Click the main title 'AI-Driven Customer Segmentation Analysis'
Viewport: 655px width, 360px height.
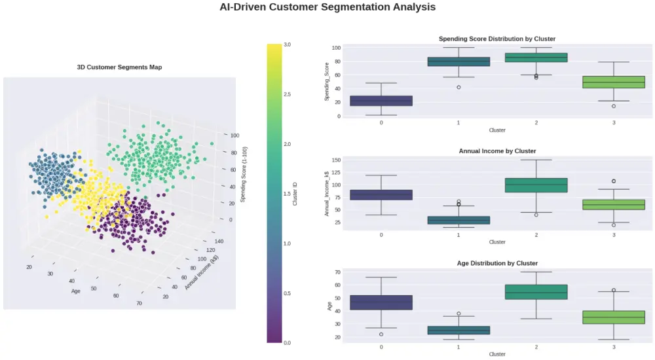[327, 7]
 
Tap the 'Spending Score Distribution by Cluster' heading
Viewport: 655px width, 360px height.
[496, 39]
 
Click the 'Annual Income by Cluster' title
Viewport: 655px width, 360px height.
[496, 151]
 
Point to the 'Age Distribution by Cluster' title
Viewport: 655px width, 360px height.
[496, 263]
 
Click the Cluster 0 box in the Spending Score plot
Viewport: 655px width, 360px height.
[381, 101]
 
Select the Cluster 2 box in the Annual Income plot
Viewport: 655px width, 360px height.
[536, 185]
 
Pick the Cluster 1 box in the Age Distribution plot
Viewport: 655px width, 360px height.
[458, 330]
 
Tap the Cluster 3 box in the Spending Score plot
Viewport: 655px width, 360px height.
[614, 82]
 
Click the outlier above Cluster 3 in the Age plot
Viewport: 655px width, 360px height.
[614, 290]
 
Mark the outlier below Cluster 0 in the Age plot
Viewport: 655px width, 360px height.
[381, 334]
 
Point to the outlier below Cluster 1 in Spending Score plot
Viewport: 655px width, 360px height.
[458, 87]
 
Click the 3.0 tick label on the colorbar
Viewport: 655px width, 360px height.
[287, 45]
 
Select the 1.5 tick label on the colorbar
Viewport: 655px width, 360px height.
[287, 194]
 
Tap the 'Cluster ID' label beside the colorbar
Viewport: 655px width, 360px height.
[295, 194]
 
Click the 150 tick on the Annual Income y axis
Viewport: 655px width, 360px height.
[335, 160]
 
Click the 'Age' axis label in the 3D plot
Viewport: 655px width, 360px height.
[76, 291]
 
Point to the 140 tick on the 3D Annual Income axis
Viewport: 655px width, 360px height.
[219, 241]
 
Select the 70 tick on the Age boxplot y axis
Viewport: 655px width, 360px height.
[337, 272]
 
